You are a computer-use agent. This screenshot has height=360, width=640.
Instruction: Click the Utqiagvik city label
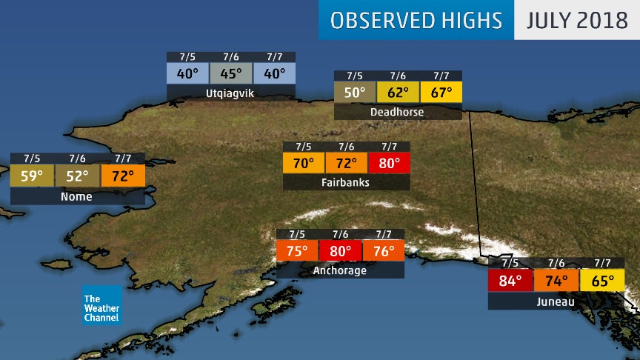click(230, 94)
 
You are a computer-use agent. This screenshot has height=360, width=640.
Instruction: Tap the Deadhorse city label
click(398, 112)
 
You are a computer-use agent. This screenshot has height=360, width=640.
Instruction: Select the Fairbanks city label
click(345, 182)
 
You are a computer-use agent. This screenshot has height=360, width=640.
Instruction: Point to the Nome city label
click(76, 196)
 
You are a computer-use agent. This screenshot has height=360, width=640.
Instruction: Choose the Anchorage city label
click(340, 270)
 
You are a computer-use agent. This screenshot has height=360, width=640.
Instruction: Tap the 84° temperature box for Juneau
click(510, 281)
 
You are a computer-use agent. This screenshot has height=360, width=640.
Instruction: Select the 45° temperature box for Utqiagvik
click(230, 74)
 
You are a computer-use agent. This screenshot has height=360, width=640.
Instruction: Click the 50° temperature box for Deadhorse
click(355, 93)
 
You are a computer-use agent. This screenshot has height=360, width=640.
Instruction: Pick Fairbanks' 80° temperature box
click(389, 162)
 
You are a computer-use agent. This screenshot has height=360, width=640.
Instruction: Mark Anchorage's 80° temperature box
click(340, 251)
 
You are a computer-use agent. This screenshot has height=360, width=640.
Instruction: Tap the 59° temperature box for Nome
click(31, 176)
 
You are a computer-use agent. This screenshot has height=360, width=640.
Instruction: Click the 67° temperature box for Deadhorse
click(441, 93)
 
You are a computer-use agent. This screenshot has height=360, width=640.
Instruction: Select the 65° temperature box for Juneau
click(601, 281)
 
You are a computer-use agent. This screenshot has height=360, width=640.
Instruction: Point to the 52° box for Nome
click(76, 176)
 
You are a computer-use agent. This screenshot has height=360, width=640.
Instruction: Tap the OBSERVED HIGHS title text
click(416, 20)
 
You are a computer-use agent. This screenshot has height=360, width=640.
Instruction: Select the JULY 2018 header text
click(576, 20)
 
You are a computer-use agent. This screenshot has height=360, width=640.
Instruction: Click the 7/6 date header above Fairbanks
click(345, 146)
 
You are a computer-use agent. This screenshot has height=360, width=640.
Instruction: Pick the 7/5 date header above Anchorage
click(297, 234)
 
